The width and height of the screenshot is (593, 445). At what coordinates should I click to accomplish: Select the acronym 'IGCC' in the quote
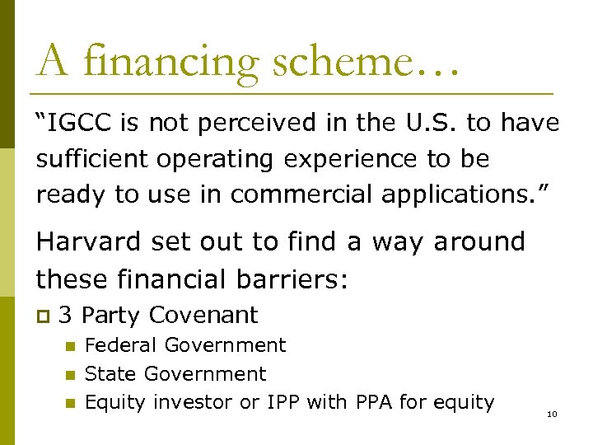82,124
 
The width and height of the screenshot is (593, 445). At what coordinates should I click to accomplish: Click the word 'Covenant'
203,315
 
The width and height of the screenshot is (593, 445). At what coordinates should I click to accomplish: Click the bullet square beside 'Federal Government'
70,346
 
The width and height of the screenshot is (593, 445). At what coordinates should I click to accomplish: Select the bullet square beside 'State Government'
70,375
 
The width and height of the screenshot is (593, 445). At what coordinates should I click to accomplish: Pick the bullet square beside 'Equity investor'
70,403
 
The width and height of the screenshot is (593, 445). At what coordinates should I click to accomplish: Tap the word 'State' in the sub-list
111,374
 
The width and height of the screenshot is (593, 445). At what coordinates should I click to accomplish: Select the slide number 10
552,414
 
